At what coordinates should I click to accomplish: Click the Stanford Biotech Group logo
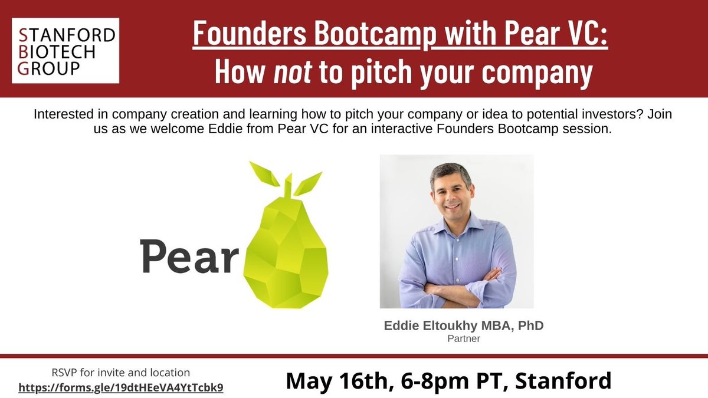pyautogui.click(x=65, y=50)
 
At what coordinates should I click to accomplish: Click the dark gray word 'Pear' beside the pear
pyautogui.click(x=189, y=255)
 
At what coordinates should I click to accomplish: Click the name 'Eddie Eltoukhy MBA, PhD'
pyautogui.click(x=456, y=326)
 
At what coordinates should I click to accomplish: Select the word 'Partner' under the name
pyautogui.click(x=456, y=339)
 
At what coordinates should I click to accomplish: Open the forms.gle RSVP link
pyautogui.click(x=121, y=388)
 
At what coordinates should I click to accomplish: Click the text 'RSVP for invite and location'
pyautogui.click(x=120, y=373)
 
